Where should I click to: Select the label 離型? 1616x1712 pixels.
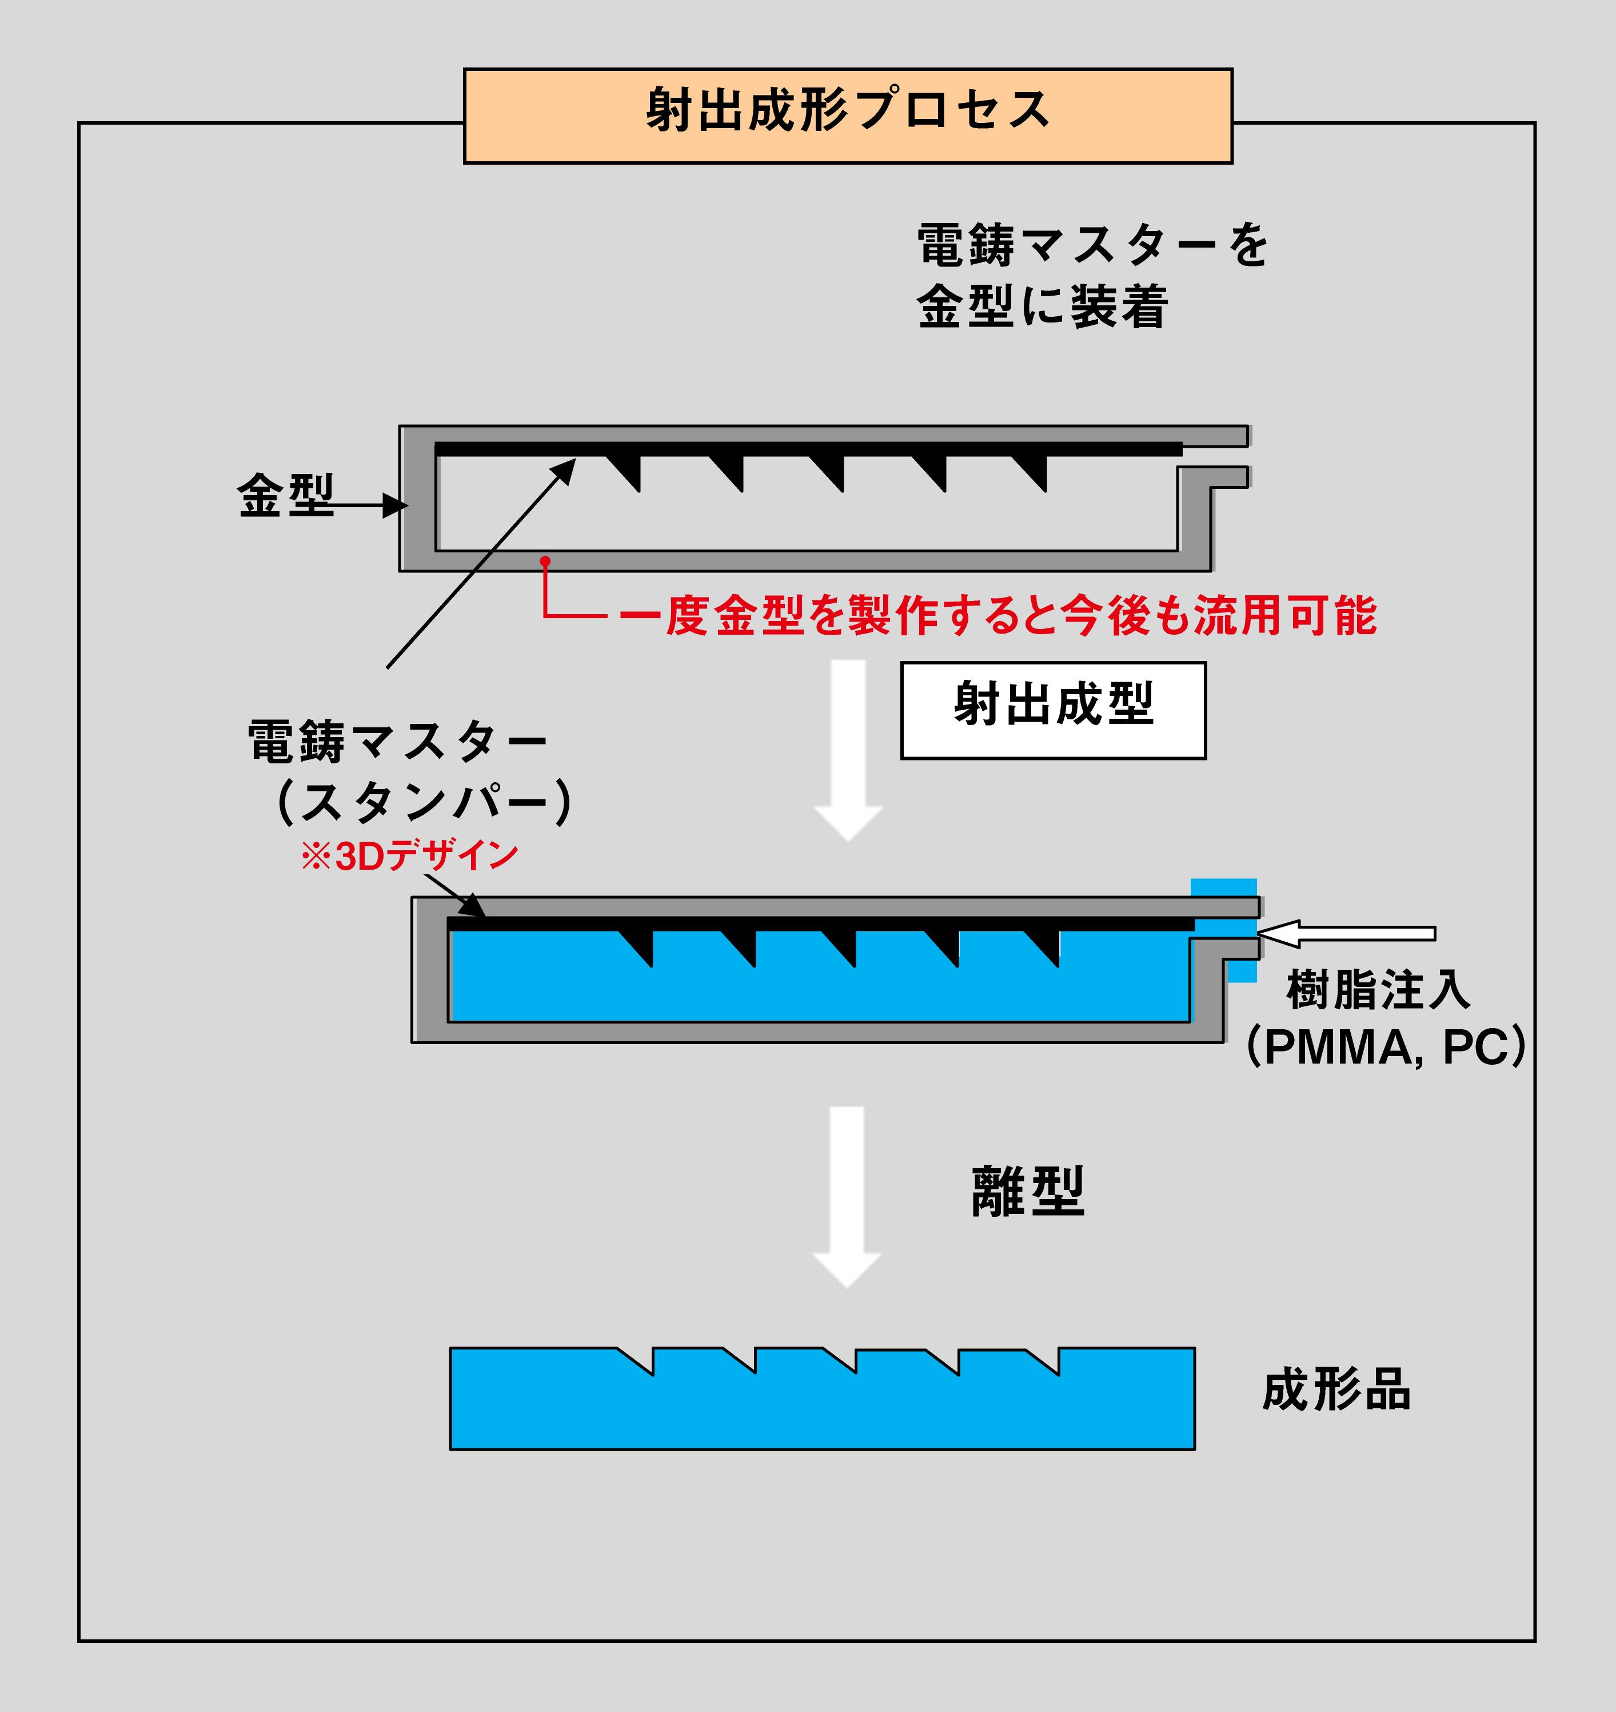(1028, 1192)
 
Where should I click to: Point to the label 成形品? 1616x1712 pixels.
(1336, 1389)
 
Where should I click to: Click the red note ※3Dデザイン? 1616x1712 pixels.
(409, 855)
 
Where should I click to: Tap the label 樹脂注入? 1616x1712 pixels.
(1378, 989)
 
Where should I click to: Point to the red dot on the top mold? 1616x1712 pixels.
(544, 561)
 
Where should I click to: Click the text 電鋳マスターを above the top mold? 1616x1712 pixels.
(1092, 245)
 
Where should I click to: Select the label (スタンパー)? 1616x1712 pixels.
(424, 802)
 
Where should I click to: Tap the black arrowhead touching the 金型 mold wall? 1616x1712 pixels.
(396, 505)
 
